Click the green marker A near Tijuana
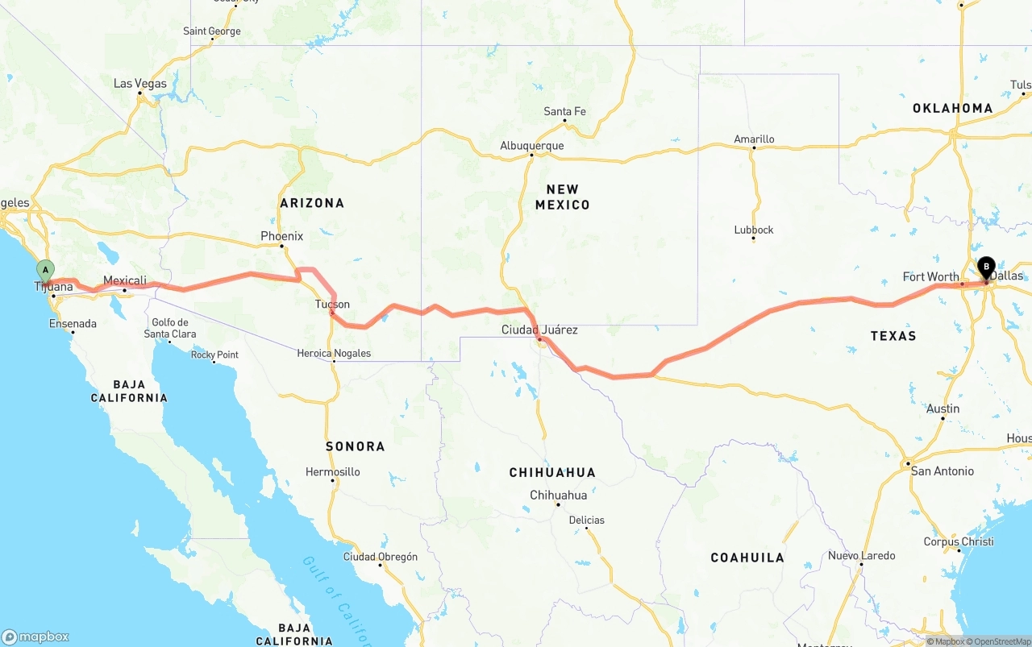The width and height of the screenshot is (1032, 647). point(46,270)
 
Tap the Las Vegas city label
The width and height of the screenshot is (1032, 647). point(140,84)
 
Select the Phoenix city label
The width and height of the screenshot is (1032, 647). point(281,236)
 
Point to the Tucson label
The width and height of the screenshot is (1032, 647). point(332,304)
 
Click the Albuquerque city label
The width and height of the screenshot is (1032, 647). point(532,146)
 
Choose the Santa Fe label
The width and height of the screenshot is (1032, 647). point(564,111)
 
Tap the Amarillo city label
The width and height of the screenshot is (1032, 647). point(754,139)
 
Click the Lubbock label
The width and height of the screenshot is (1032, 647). point(754,230)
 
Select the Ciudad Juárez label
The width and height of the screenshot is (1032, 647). point(539,330)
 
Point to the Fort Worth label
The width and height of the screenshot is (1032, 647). point(930,276)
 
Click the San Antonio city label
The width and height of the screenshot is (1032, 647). point(942,471)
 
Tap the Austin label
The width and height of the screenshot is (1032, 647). point(943,409)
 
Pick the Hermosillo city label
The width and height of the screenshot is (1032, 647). point(333,471)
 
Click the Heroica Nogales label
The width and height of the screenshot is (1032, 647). point(334,353)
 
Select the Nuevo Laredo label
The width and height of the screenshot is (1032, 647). point(861,555)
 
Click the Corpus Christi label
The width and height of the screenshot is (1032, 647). point(959,541)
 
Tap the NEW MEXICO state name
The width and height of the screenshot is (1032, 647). point(562,197)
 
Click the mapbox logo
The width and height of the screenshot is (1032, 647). point(35,637)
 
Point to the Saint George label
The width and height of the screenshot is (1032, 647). point(212,31)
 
